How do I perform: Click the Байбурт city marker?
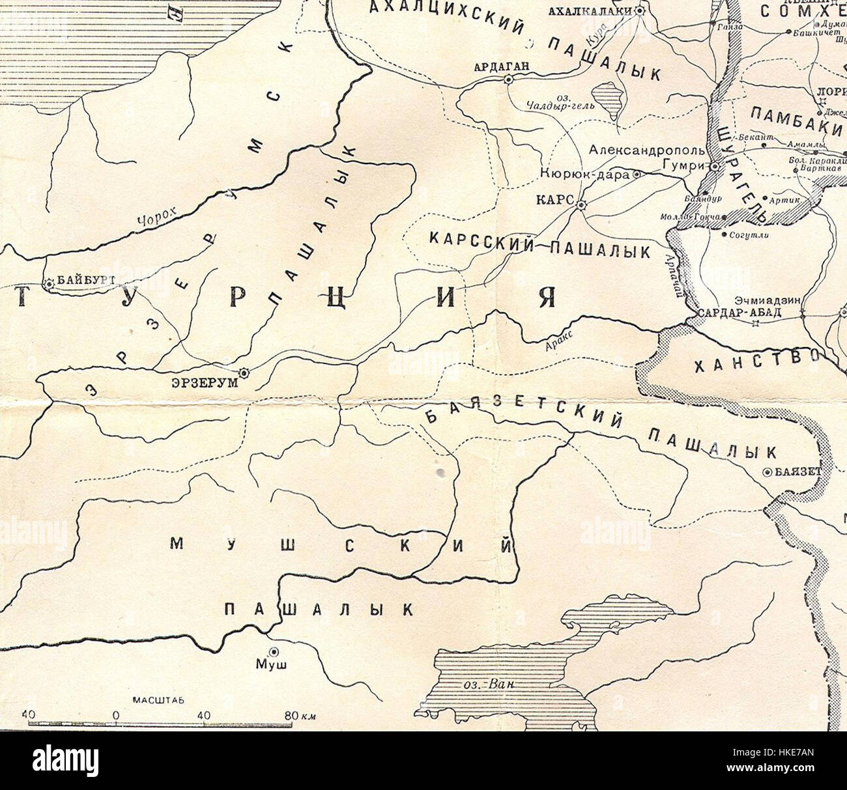pyautogui.click(x=49, y=283)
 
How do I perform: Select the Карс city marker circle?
pyautogui.click(x=581, y=205)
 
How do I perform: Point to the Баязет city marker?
pyautogui.click(x=769, y=473)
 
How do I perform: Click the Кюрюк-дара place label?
pyautogui.click(x=584, y=175)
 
